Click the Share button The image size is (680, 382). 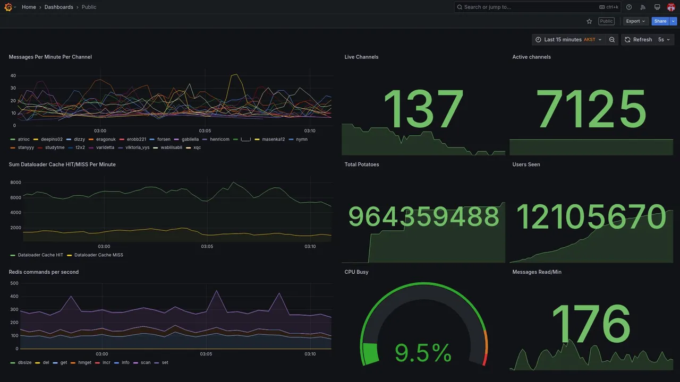660,21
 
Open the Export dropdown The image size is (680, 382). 635,21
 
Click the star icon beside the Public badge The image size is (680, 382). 589,21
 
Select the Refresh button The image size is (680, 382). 638,40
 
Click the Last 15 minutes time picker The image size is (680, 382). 568,40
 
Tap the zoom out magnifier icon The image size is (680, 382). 612,40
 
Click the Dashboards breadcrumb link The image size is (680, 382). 59,7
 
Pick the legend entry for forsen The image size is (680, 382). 164,140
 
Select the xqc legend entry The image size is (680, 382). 197,147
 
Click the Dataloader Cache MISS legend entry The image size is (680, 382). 98,255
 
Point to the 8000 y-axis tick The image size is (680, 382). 15,183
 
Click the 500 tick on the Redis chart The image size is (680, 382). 14,283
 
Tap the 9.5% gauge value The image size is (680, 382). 423,353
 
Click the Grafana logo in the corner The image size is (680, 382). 8,7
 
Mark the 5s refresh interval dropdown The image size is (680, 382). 664,40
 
